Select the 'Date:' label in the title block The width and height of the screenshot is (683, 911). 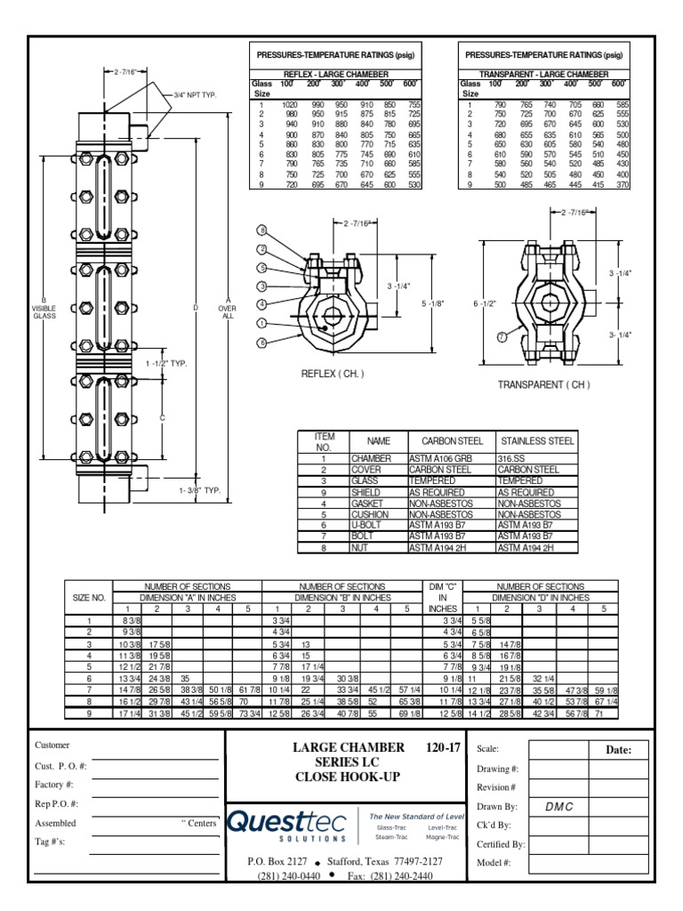point(618,750)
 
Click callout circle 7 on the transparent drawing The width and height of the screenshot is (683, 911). point(502,337)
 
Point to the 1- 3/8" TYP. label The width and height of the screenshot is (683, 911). point(199,489)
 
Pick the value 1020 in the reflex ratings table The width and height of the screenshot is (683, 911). point(290,105)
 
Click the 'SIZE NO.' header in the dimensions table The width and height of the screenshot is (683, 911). point(89,599)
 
